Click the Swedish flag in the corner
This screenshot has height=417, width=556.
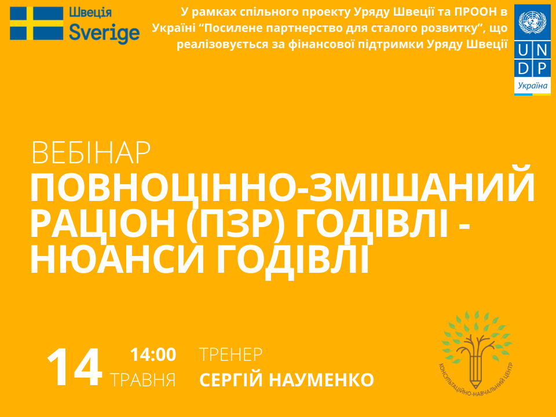[x=36, y=23]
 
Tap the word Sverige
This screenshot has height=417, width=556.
[x=104, y=34]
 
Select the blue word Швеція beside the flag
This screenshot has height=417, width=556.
[x=90, y=13]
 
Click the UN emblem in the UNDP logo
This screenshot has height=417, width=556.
[x=532, y=23]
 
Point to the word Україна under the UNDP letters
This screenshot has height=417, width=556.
[x=532, y=86]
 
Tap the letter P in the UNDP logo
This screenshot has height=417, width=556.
[x=542, y=69]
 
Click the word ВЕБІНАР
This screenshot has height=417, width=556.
[x=91, y=153]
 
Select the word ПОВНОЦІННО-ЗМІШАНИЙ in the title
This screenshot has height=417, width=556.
[x=282, y=188]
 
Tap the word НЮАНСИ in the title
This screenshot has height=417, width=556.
[x=118, y=259]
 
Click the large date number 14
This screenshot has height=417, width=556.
[x=75, y=367]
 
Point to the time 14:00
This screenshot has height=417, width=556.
[x=153, y=354]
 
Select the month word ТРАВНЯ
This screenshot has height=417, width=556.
[x=142, y=380]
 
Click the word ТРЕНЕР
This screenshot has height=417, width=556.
[x=231, y=354]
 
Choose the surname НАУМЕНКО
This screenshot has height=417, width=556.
[x=321, y=380]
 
